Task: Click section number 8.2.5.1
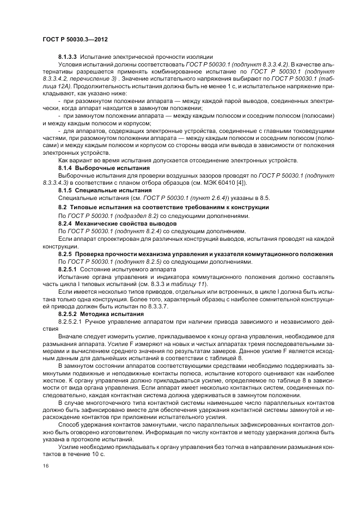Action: (x=69, y=269)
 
